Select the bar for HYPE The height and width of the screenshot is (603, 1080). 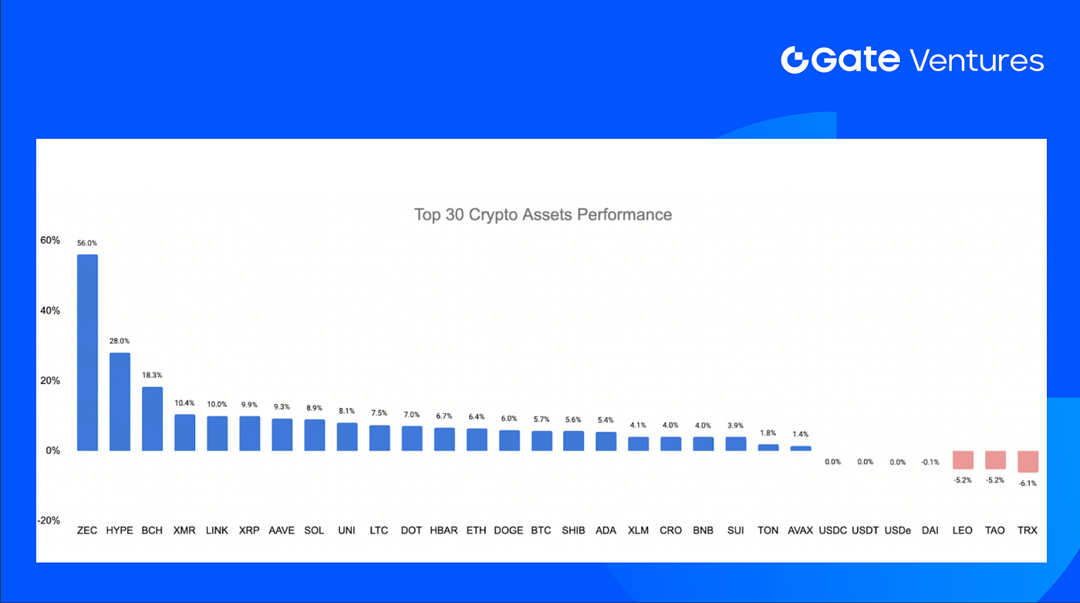[x=120, y=402]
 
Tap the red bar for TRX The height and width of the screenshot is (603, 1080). [x=1028, y=461]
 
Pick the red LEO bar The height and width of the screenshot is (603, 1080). [x=963, y=460]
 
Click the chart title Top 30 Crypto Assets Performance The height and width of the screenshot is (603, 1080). [x=542, y=214]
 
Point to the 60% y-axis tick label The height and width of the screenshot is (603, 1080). [x=50, y=241]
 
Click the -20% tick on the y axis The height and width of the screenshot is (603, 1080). [x=49, y=520]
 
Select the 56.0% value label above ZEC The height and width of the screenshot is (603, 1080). [x=87, y=243]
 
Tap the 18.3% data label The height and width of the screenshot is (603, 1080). [x=152, y=376]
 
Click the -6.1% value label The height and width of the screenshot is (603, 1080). [x=1028, y=483]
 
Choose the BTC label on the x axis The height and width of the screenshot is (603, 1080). [x=541, y=531]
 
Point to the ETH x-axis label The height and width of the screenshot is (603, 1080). [x=477, y=531]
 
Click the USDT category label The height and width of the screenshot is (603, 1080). [x=866, y=531]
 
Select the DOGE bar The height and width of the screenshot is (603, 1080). [x=508, y=440]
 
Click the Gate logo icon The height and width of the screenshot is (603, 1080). [x=794, y=60]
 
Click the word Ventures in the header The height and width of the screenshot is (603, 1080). [x=977, y=60]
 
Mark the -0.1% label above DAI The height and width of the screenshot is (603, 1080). [x=930, y=462]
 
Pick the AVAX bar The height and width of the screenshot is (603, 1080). [x=801, y=448]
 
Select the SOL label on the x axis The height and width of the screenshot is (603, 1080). [x=314, y=531]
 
